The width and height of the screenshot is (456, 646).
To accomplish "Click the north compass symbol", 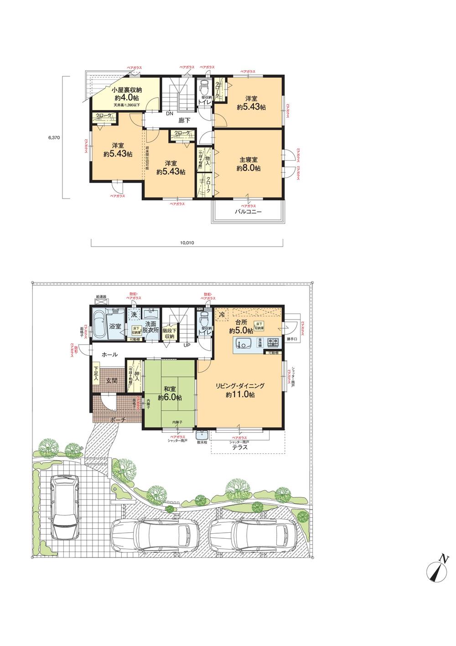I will tap(437, 568).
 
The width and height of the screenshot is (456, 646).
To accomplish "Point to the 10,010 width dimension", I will tap(187, 243).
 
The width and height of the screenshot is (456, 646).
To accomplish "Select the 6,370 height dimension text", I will tap(55, 137).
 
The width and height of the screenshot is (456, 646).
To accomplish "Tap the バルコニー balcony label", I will tap(248, 212).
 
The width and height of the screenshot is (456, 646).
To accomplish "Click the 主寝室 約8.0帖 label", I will tap(249, 164).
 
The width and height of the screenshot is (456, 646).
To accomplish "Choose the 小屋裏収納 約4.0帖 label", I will tap(125, 94).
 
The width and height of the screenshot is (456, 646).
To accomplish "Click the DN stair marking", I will tap(169, 114).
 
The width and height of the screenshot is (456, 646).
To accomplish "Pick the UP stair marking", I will tap(187, 345).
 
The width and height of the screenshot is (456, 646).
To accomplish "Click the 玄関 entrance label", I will tap(112, 380).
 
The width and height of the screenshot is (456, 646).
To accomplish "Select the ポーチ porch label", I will tap(117, 419).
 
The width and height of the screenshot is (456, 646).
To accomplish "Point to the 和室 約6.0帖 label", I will tap(170, 393).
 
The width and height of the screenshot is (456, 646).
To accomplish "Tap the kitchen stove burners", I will tap(273, 341).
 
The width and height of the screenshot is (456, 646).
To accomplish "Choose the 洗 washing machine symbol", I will tap(134, 315).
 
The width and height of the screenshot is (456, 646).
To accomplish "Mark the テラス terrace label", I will tap(240, 447).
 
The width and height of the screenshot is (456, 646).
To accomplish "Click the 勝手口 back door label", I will tap(292, 339).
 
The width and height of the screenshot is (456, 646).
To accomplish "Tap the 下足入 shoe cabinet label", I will tap(96, 373).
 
